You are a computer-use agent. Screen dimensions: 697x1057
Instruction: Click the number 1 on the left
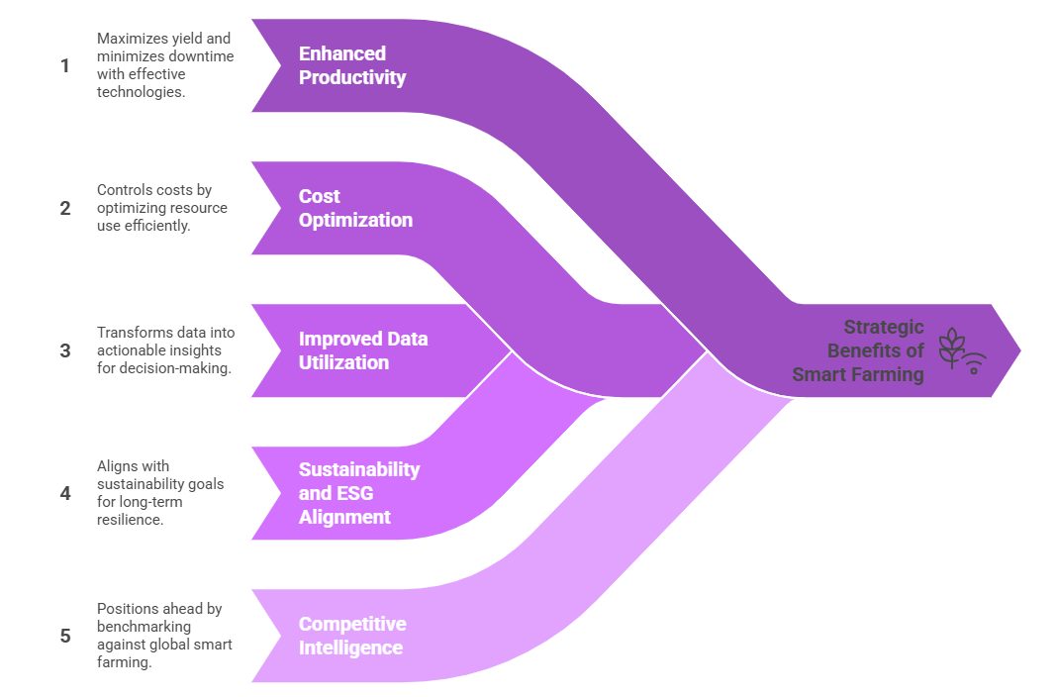tap(65, 66)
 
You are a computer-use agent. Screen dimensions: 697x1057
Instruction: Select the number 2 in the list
tap(65, 208)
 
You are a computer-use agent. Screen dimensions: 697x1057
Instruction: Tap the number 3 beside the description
tap(65, 350)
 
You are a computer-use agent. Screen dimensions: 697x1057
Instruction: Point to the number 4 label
tap(65, 493)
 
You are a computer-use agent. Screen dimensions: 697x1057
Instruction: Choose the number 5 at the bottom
tap(65, 636)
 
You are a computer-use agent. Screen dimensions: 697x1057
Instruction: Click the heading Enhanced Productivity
tap(352, 65)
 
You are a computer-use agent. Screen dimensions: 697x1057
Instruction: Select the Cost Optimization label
tap(355, 208)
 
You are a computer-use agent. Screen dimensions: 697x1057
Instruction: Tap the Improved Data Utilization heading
tap(363, 350)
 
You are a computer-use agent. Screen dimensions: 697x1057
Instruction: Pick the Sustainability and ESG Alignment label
tap(358, 493)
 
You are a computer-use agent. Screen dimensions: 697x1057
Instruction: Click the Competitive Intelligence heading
tap(352, 636)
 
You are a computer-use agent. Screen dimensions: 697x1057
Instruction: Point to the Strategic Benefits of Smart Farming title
tap(859, 350)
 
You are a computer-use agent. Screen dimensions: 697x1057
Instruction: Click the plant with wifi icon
tap(961, 350)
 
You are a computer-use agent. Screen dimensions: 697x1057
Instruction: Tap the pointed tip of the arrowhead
tap(1018, 350)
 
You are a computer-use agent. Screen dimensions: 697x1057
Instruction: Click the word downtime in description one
tap(202, 56)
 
